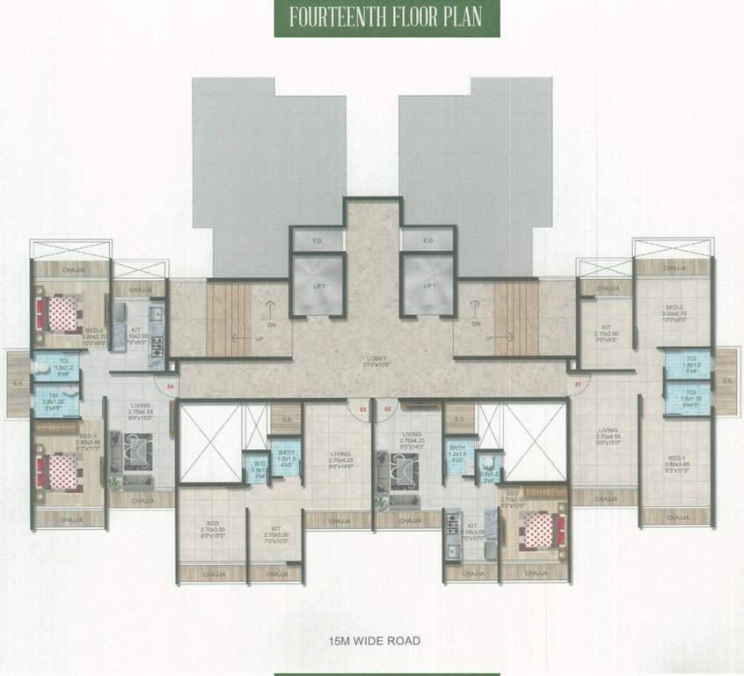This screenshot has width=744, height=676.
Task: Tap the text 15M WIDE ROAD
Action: pos(372,642)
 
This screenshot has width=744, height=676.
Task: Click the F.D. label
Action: pos(316,239)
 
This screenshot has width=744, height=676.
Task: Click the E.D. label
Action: pos(428,239)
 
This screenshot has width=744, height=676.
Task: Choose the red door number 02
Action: pos(387,408)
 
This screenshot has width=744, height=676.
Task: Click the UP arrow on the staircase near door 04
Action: pos(236,336)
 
